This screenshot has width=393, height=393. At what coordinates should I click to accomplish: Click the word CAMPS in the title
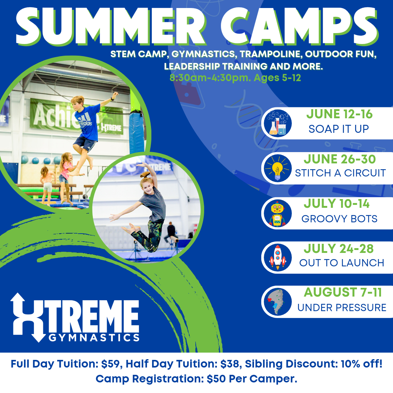pyautogui.click(x=299, y=26)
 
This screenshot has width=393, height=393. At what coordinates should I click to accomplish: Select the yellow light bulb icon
pyautogui.click(x=277, y=168)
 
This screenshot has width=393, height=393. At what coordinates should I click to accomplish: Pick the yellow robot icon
pyautogui.click(x=277, y=214)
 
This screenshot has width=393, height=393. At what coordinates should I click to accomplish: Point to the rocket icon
pyautogui.click(x=278, y=257)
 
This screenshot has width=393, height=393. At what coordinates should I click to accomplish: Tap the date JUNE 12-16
pyautogui.click(x=340, y=114)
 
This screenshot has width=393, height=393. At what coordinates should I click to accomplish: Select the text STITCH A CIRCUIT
pyautogui.click(x=340, y=173)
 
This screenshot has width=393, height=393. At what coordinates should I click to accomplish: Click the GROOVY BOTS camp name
pyautogui.click(x=340, y=219)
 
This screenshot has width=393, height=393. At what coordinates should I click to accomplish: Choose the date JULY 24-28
pyautogui.click(x=339, y=249)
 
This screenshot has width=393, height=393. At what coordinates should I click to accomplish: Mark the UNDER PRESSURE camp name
pyautogui.click(x=342, y=307)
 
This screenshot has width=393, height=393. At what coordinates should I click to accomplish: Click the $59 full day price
pyautogui.click(x=110, y=364)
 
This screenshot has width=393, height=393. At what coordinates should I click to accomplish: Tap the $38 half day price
pyautogui.click(x=230, y=364)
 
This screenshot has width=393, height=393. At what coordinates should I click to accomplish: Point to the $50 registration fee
pyautogui.click(x=215, y=379)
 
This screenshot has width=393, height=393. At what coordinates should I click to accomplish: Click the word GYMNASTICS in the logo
pyautogui.click(x=94, y=338)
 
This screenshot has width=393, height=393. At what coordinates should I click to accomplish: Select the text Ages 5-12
pyautogui.click(x=277, y=78)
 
